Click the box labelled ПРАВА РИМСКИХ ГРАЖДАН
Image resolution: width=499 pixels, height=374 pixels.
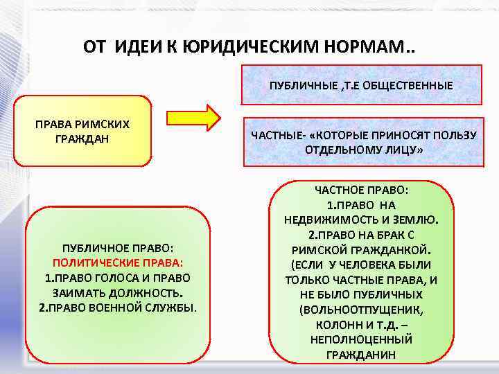tap(82, 131)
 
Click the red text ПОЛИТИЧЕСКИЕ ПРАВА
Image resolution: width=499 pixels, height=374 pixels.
tap(117, 263)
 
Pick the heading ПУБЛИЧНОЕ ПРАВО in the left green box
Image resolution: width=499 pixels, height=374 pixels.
tap(117, 249)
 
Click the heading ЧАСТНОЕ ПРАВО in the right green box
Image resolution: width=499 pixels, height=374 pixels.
tap(361, 190)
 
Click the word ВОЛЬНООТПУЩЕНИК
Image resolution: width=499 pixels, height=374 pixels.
tap(361, 310)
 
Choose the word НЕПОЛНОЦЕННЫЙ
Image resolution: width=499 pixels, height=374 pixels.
tap(361, 339)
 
